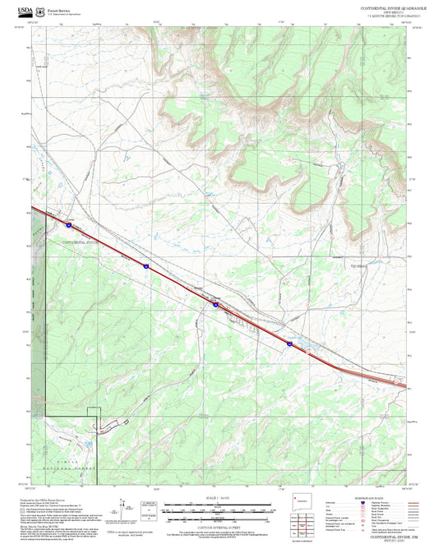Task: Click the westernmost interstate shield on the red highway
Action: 70,223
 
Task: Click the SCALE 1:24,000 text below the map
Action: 218,497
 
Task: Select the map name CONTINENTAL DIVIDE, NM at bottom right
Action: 385,535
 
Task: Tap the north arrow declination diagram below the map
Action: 127,510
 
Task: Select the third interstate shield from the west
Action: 215,303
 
